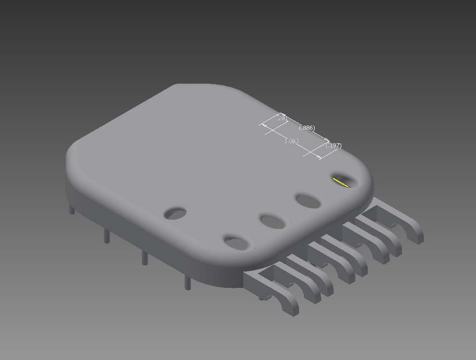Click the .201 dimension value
pos(282,118)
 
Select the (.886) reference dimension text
pos(307,128)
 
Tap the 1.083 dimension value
pos(291,141)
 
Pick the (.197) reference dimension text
pos(333,146)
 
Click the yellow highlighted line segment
pos(340,182)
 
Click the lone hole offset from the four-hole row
pos(175,213)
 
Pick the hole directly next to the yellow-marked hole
pos(308,201)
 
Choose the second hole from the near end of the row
pos(273,222)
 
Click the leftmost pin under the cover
pos(72,209)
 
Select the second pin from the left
pos(107,236)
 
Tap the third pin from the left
pos(144,258)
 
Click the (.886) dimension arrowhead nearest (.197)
pos(327,140)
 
